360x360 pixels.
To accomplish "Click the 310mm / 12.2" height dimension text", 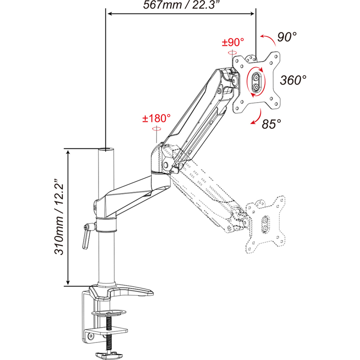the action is [59, 217].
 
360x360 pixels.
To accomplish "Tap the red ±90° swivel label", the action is [233, 42].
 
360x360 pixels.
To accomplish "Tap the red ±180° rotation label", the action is [157, 118].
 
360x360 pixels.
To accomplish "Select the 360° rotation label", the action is [293, 80].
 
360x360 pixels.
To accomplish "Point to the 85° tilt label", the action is [271, 124].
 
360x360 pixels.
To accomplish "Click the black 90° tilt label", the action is [287, 37].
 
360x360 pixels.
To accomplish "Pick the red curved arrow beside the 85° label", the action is [256, 117].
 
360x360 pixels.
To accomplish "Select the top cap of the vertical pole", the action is [106, 149].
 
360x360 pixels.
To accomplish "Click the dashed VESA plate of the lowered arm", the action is [265, 225].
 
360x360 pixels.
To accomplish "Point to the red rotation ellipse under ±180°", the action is [157, 129].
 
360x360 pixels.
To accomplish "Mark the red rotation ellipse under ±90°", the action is [232, 53].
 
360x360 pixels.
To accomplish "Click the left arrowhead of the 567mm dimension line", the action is [110, 14].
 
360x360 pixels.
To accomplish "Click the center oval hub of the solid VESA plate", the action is [256, 82].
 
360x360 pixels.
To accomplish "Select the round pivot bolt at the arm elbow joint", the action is [166, 165].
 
